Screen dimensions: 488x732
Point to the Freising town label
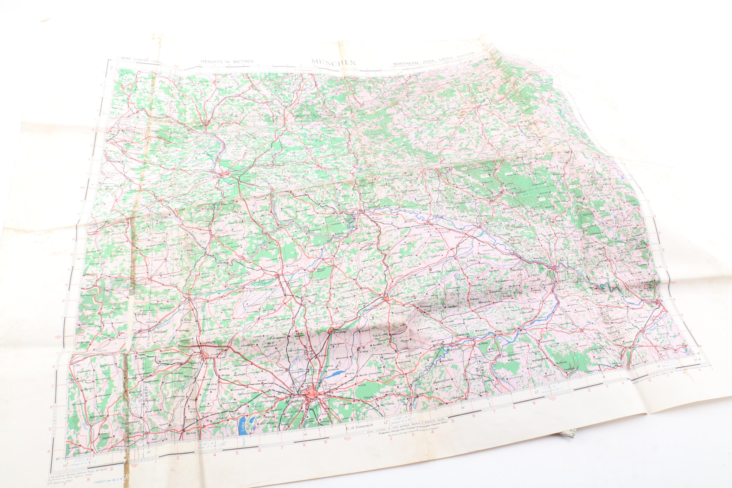point(340,332)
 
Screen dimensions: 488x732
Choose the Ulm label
point(77,366)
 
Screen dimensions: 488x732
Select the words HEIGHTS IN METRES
point(227,62)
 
